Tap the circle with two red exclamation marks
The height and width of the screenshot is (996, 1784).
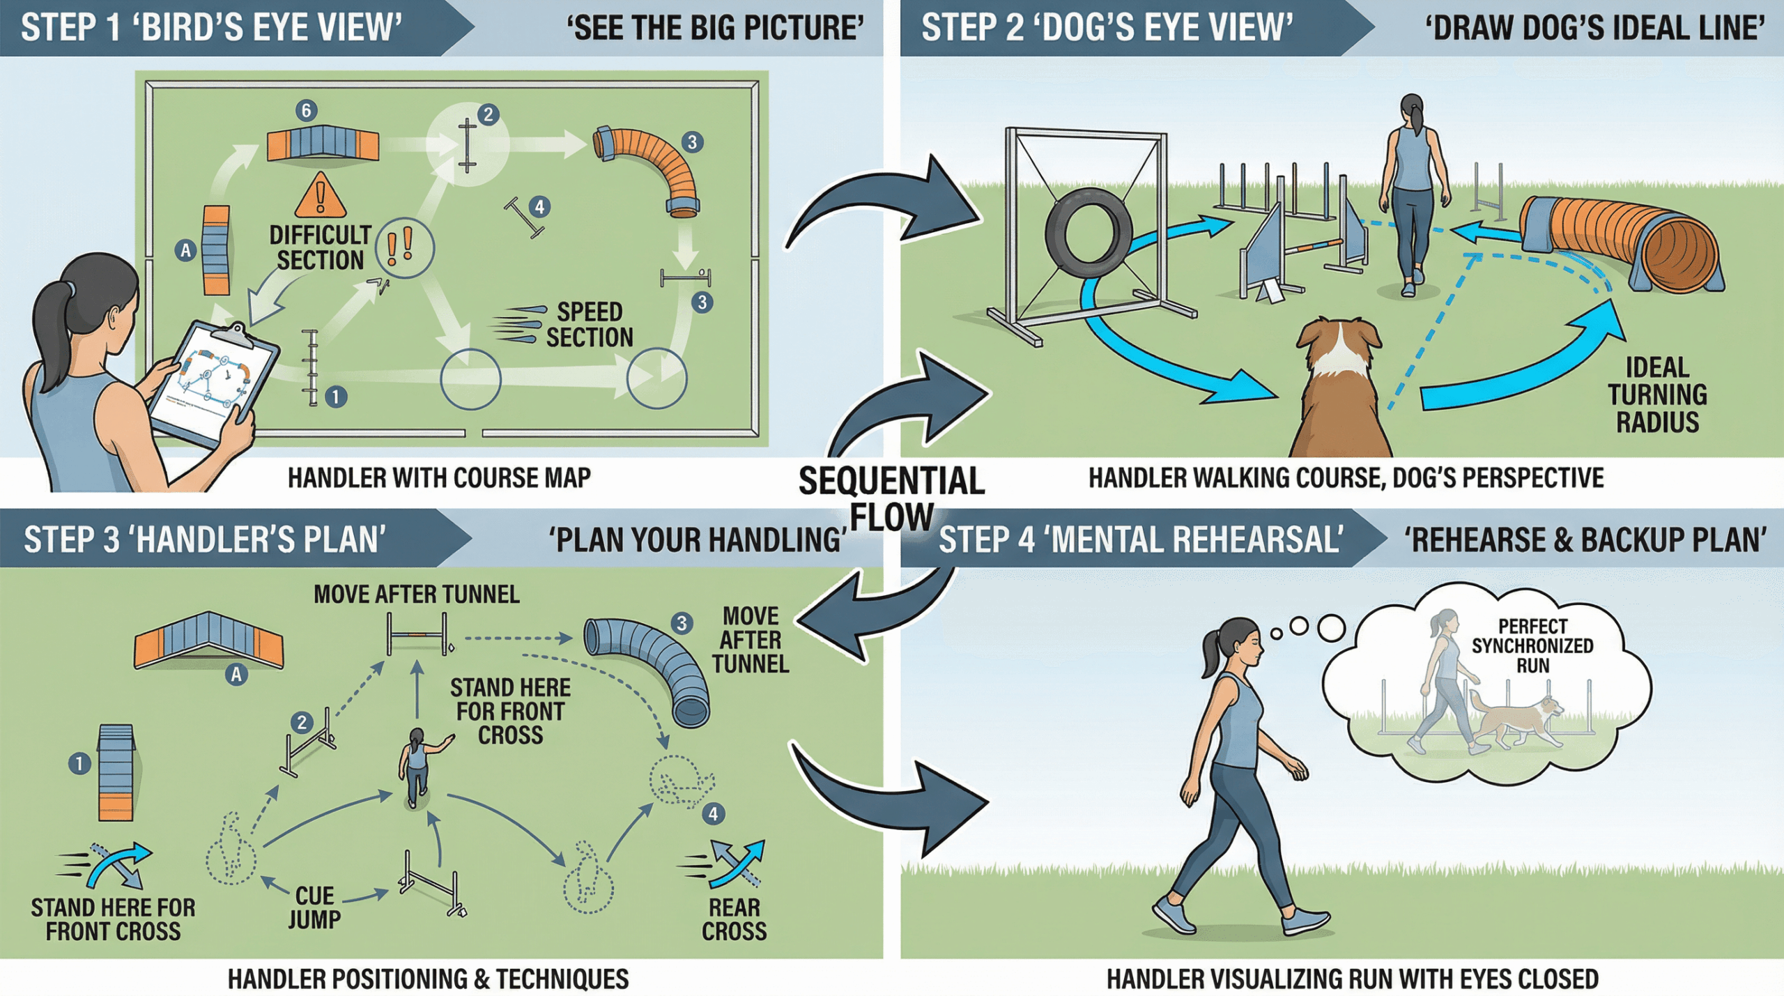(x=404, y=248)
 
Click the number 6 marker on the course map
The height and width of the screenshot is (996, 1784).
(x=306, y=110)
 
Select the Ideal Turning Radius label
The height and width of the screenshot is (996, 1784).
(x=1657, y=394)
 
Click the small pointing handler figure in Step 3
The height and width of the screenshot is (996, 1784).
(x=418, y=767)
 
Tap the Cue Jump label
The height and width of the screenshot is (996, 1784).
(x=314, y=907)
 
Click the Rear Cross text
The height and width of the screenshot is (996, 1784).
(x=734, y=919)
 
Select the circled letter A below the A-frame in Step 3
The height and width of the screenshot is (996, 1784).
(x=236, y=674)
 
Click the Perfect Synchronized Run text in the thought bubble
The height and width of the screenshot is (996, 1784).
(x=1532, y=645)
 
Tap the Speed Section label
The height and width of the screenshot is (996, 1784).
(x=589, y=324)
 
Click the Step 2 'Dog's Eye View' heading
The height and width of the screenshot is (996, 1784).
(x=1106, y=28)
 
